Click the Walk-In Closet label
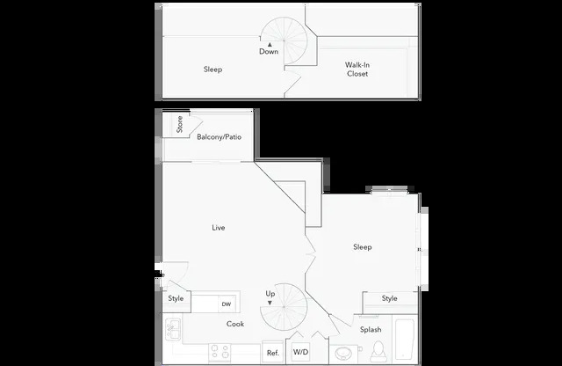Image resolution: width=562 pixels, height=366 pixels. (x=357, y=70)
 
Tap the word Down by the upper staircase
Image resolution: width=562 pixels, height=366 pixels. (x=269, y=51)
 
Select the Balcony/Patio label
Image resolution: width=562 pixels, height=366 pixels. (x=219, y=137)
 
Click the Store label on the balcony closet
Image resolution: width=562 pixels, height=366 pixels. (x=179, y=124)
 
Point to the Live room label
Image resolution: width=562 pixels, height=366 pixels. (x=219, y=227)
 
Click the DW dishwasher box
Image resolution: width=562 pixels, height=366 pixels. (x=227, y=304)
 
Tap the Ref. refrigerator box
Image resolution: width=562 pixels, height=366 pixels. (x=273, y=352)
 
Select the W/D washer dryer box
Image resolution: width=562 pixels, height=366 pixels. (x=300, y=352)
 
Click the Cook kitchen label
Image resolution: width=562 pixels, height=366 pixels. (x=235, y=324)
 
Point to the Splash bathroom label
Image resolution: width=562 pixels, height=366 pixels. (x=371, y=329)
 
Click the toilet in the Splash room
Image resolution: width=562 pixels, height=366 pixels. (x=378, y=351)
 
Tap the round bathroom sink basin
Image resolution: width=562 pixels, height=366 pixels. (x=343, y=354)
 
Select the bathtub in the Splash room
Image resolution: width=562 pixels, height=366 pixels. (x=405, y=340)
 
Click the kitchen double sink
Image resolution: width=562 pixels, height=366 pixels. (x=173, y=329)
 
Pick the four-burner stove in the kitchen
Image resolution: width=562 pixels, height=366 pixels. (x=220, y=351)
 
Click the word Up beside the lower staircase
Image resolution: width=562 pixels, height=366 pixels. (x=270, y=294)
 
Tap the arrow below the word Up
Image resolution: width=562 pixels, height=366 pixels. (x=270, y=303)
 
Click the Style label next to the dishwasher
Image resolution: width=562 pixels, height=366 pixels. (x=176, y=298)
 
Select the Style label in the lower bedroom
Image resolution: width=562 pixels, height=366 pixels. (x=389, y=298)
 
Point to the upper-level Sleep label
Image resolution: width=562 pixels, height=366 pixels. (x=213, y=69)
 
